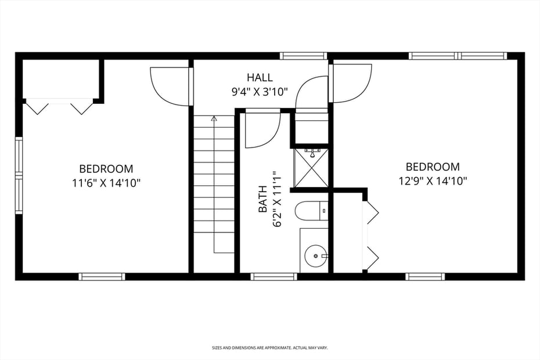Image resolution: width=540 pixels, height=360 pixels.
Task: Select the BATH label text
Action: pyautogui.click(x=262, y=199)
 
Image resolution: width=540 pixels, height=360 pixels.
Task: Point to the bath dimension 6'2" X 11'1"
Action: pyautogui.click(x=277, y=199)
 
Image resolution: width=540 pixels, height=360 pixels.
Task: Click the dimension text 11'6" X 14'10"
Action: pyautogui.click(x=106, y=182)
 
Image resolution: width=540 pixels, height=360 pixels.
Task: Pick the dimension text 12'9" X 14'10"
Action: pyautogui.click(x=433, y=180)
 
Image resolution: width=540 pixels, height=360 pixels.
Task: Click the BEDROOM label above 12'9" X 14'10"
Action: pyautogui.click(x=433, y=167)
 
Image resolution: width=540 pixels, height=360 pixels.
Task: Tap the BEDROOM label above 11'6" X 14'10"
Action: pyautogui.click(x=106, y=169)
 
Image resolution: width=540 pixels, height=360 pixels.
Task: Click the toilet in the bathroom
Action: pyautogui.click(x=310, y=210)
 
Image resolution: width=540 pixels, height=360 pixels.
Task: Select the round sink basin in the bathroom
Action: pyautogui.click(x=315, y=255)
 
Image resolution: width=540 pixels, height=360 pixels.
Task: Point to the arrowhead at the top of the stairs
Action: pyautogui.click(x=214, y=118)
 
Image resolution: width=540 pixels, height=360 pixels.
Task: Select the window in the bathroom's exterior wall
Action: pyautogui.click(x=273, y=276)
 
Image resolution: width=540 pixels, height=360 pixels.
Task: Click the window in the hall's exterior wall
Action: pyautogui.click(x=303, y=56)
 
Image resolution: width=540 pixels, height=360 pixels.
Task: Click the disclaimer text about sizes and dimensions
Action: pyautogui.click(x=270, y=348)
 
